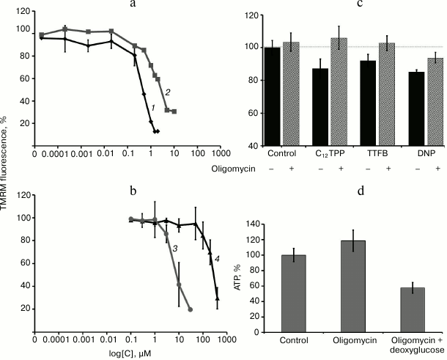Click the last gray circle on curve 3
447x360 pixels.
pos(191,310)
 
